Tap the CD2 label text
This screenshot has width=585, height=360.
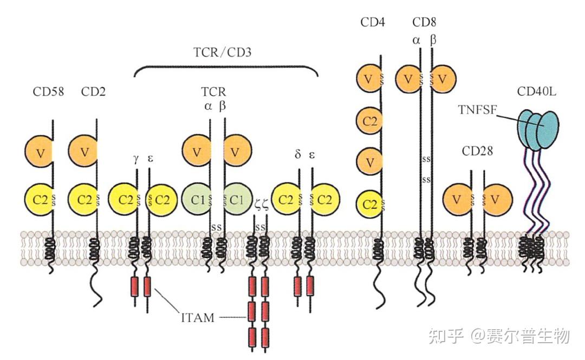coord(93,92)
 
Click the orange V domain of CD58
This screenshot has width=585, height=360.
coord(39,153)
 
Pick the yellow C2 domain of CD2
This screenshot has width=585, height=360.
coord(83,199)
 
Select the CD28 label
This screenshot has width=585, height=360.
coord(477,151)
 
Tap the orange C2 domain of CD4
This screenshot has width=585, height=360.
coord(370,121)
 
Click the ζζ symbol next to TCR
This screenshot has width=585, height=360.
coord(260,204)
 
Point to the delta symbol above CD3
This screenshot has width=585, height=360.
coord(297,155)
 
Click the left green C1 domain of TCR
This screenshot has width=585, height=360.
coord(196,199)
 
